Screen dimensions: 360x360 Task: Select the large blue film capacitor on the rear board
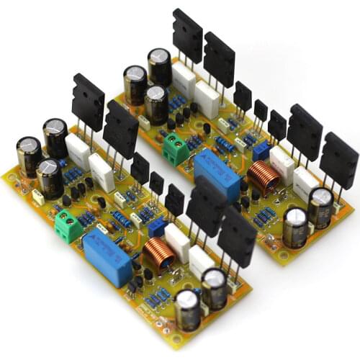coord(217,175)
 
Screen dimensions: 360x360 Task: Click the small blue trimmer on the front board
coord(156,226)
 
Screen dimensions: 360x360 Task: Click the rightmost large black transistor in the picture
coord(339,158)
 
